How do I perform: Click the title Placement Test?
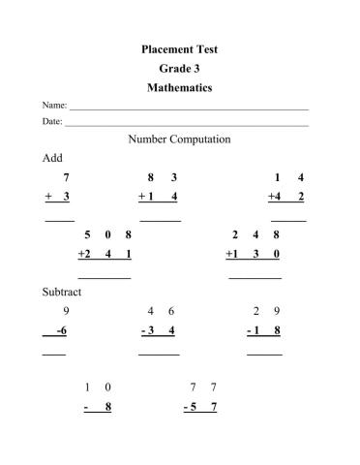[x=179, y=47]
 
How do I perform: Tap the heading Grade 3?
[x=179, y=68]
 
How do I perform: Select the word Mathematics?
[x=179, y=87]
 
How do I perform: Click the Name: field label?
[x=54, y=105]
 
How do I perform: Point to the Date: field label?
[x=52, y=122]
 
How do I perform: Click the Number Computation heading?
[x=179, y=139]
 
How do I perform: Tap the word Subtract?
[x=62, y=292]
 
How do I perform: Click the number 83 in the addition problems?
[x=162, y=178]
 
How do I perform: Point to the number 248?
[x=255, y=234]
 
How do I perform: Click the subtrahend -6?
[x=61, y=330]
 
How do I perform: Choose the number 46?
[x=161, y=311]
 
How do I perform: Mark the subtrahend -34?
[x=158, y=330]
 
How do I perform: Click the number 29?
[x=266, y=311]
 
